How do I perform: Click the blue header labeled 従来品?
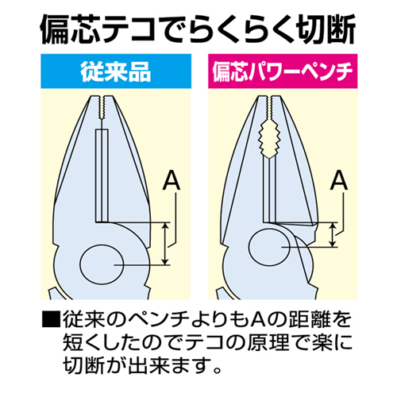click(x=116, y=71)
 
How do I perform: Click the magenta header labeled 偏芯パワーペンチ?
click(x=283, y=71)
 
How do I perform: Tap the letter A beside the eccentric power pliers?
click(x=339, y=180)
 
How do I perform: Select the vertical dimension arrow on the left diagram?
click(x=165, y=244)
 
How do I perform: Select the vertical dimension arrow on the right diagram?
click(x=333, y=234)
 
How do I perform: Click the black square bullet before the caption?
click(x=51, y=320)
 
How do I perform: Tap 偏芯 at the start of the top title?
click(x=71, y=29)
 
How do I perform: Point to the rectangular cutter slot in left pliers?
click(x=102, y=175)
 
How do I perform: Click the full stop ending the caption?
click(x=217, y=369)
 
